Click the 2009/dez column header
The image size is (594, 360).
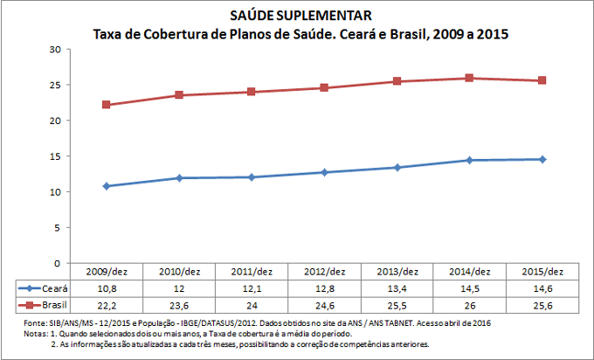[107, 272]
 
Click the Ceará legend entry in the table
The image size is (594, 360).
[44, 287]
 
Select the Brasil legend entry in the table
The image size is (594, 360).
[44, 304]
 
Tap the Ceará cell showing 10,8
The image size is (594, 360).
[107, 287]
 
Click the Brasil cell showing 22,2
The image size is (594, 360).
[107, 304]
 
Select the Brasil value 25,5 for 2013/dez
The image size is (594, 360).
[397, 304]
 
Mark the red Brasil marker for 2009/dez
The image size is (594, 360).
[107, 105]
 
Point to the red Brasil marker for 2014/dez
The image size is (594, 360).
[469, 78]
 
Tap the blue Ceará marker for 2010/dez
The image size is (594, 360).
[179, 177]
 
